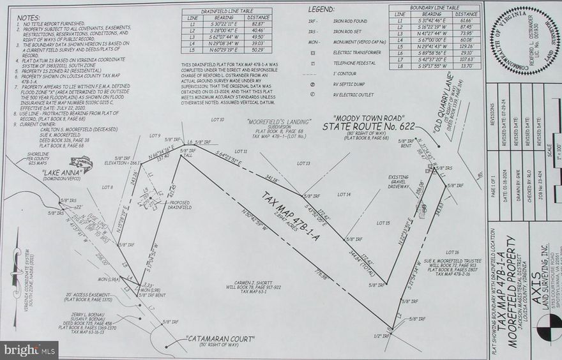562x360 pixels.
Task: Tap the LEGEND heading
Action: pyautogui.click(x=322, y=10)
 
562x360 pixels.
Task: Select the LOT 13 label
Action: pyautogui.click(x=303, y=164)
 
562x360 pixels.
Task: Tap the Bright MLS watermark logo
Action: pyautogui.click(x=29, y=350)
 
